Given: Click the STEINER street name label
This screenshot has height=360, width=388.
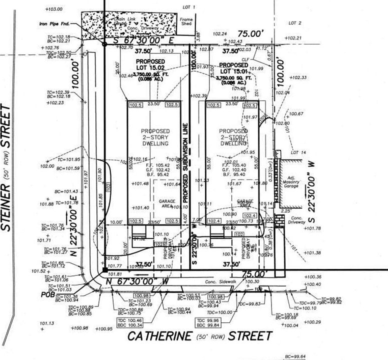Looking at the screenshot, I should pyautogui.click(x=6, y=167).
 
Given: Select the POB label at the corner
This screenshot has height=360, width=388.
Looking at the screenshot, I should pyautogui.click(x=48, y=294).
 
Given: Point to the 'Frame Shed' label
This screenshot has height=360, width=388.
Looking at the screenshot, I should pyautogui.click(x=186, y=21).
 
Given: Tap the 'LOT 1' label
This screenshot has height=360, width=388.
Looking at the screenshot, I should pyautogui.click(x=188, y=7).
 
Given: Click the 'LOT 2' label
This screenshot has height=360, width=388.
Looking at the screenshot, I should pyautogui.click(x=295, y=23).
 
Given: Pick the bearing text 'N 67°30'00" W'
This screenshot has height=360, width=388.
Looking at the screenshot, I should pyautogui.click(x=137, y=282).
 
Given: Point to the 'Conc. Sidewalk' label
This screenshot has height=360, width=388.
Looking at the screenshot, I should pyautogui.click(x=222, y=281).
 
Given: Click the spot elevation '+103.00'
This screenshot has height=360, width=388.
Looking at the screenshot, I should pyautogui.click(x=53, y=9).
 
